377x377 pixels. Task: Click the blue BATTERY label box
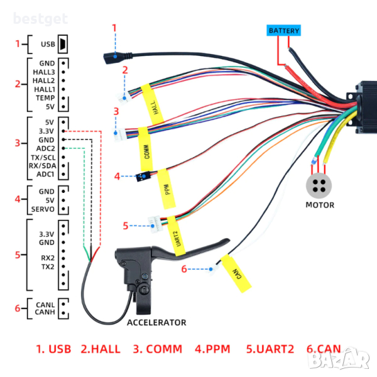point(284,30)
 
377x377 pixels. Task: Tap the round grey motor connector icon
point(319,185)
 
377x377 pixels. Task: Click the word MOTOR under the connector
point(320,205)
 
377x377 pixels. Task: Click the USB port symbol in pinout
point(63,45)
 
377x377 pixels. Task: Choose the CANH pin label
point(45,312)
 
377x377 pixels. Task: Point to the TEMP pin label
point(45,99)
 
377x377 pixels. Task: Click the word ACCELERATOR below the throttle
point(156,322)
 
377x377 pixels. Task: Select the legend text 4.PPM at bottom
point(217,349)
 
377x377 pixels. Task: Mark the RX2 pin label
point(47,258)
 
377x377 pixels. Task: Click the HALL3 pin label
point(44,72)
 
